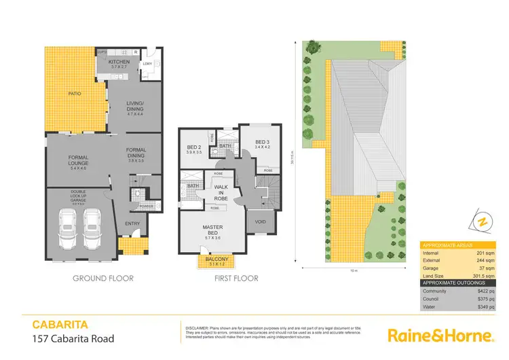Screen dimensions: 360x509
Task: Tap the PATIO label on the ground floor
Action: [x=74, y=94]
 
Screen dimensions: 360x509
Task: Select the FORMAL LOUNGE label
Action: [x=79, y=161]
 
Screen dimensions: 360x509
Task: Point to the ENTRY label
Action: [x=132, y=223]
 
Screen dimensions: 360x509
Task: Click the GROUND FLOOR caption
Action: [x=102, y=278]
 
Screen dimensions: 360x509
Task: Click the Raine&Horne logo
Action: [x=439, y=336]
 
